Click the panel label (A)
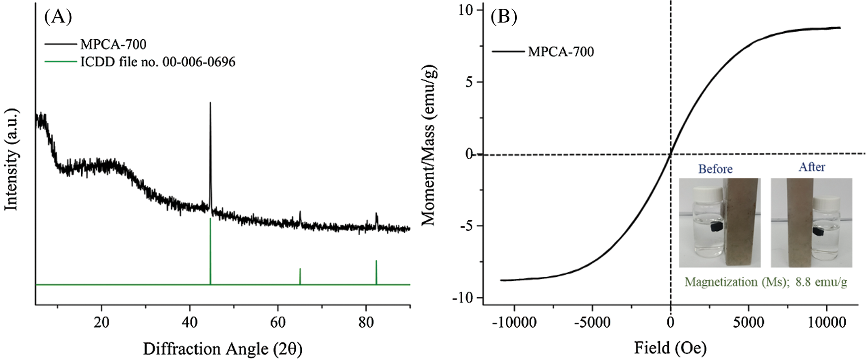[x=58, y=17]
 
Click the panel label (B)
[x=503, y=17]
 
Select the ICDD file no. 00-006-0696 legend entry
[x=158, y=62]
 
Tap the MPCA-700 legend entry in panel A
[x=113, y=44]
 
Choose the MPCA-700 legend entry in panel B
[x=560, y=51]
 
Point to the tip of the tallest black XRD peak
[x=210, y=103]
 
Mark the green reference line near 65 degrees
[x=300, y=276]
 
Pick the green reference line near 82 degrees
[x=376, y=272]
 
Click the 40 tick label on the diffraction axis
[x=190, y=322]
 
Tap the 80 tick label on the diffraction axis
[x=366, y=322]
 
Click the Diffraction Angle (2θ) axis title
[x=222, y=349]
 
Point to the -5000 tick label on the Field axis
[x=592, y=323]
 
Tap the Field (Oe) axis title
[x=670, y=348]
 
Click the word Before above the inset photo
[x=715, y=169]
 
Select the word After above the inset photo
[x=812, y=167]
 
